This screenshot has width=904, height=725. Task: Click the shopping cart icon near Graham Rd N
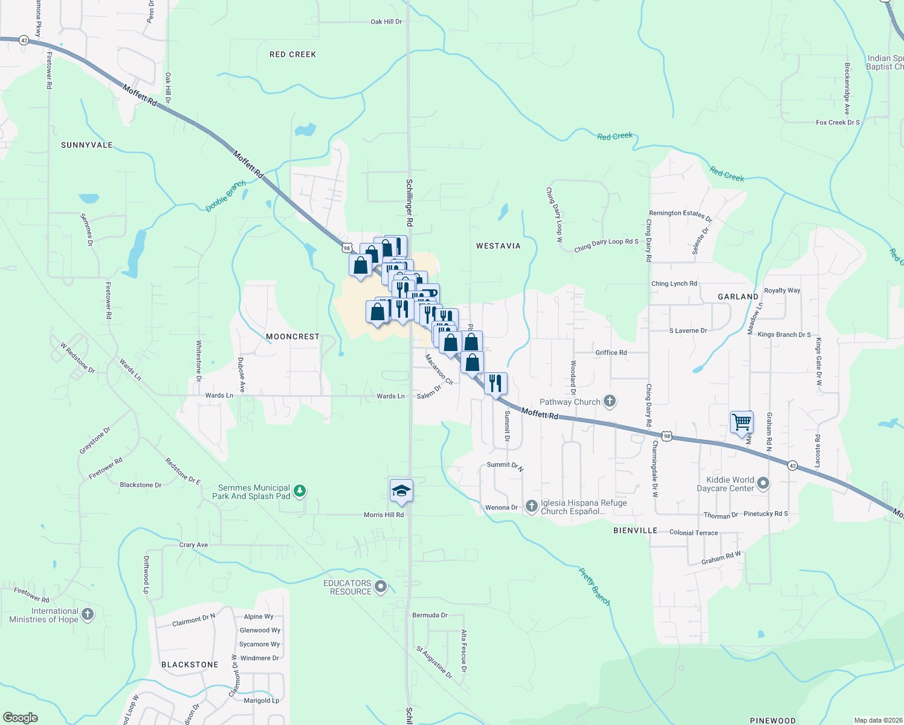(741, 422)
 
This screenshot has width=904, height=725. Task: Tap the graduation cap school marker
(401, 491)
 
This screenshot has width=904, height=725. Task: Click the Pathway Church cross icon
(610, 401)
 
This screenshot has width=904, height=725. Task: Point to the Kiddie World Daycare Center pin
(763, 483)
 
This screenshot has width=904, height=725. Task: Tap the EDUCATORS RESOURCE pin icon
(381, 586)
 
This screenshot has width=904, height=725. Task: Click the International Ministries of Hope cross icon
(88, 614)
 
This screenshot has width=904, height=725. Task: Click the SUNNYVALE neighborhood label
(87, 145)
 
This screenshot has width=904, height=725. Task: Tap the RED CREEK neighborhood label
(293, 54)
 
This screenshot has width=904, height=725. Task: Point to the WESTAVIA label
(498, 246)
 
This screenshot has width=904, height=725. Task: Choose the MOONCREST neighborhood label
(292, 337)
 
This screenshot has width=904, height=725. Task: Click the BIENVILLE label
(635, 530)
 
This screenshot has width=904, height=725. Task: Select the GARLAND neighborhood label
(738, 297)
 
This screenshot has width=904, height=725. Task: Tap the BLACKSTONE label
(190, 665)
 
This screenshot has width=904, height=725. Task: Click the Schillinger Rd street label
(410, 203)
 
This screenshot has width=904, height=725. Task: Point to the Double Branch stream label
(226, 196)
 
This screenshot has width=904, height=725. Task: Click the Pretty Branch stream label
(595, 586)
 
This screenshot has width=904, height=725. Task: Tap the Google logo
(21, 718)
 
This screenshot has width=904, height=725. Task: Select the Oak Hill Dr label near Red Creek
(386, 22)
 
